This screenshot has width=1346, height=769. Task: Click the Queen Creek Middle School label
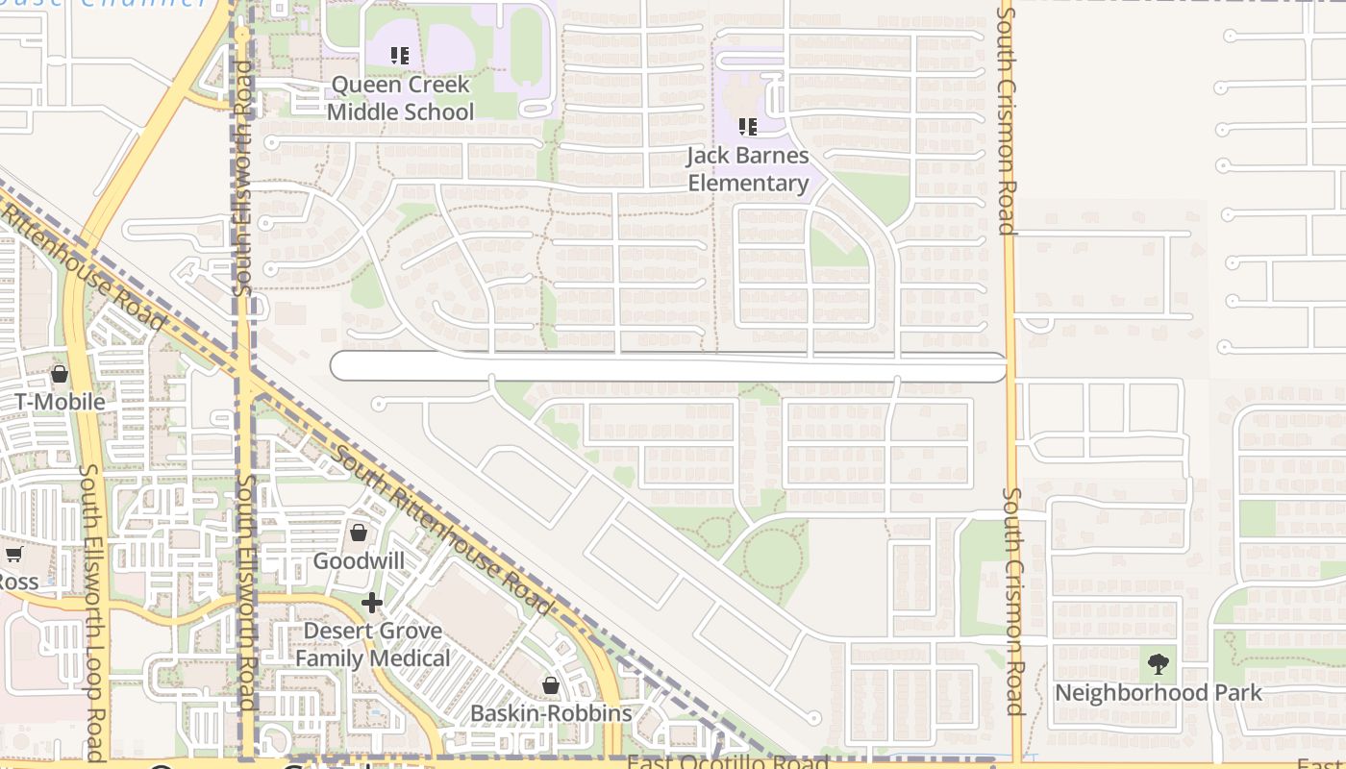(x=400, y=98)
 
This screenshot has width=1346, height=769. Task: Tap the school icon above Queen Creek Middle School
(x=400, y=56)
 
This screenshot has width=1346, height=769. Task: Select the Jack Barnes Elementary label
(x=749, y=169)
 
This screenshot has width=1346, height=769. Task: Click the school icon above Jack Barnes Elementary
(x=748, y=126)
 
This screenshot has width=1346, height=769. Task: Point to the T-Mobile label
(x=60, y=402)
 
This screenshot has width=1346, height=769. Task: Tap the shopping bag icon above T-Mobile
(x=60, y=374)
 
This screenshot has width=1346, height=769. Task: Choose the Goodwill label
(x=359, y=560)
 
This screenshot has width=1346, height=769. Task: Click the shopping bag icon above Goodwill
(x=359, y=533)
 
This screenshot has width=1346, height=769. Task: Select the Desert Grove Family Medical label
(x=372, y=645)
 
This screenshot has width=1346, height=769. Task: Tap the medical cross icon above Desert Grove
(x=372, y=603)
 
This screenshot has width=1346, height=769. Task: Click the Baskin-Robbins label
(x=551, y=713)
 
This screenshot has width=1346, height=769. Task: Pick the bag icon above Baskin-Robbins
(x=551, y=685)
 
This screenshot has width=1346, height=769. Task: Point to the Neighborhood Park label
(x=1159, y=692)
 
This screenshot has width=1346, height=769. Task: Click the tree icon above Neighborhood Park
(x=1159, y=663)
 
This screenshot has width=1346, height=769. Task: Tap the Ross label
(x=16, y=583)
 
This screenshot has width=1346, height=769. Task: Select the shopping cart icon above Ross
(x=13, y=555)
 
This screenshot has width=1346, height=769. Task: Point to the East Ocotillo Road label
(x=728, y=762)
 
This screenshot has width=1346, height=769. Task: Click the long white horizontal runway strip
(x=668, y=367)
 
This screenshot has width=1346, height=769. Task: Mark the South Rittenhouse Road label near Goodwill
(x=445, y=531)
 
